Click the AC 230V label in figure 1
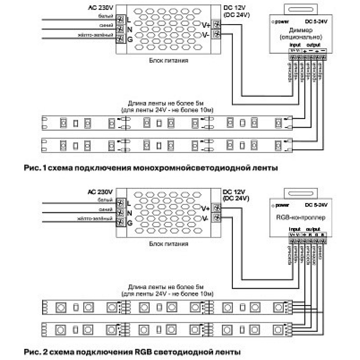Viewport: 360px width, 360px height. coord(100,7)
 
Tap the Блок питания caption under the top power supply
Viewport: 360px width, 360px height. coord(169,60)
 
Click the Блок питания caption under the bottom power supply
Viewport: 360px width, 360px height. coord(169,244)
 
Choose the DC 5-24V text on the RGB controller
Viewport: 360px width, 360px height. coord(316,205)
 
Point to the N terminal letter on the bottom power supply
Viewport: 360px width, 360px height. coord(130,213)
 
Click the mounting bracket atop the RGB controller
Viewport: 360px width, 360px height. coord(301,192)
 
